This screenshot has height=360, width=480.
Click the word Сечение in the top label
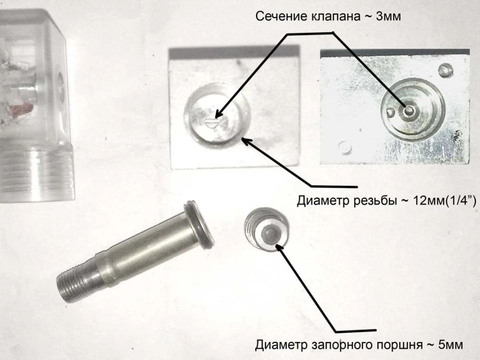281,16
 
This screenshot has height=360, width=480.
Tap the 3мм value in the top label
388,16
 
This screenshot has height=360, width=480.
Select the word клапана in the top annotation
336,16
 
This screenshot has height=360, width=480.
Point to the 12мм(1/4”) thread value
445,201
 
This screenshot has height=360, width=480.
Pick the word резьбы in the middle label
373,201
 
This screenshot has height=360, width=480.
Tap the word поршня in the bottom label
397,345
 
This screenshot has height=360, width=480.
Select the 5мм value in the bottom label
450,345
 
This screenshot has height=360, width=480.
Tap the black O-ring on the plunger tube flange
199,224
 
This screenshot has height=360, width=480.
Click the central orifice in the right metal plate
408,110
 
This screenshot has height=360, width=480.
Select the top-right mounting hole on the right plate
445,70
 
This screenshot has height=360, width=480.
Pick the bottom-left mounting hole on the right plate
345,147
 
